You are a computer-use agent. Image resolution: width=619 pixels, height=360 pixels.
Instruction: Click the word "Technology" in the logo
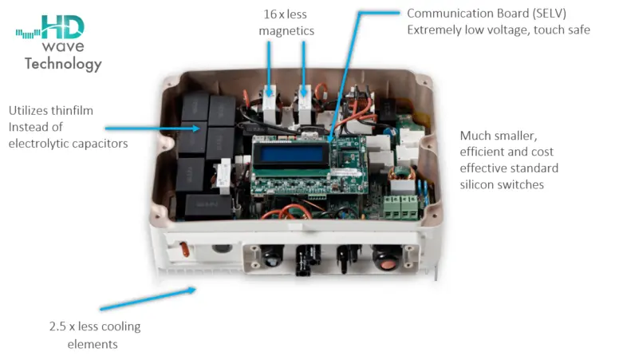[x=63, y=64]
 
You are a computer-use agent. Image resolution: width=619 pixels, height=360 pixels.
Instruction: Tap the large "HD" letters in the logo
[x=61, y=29]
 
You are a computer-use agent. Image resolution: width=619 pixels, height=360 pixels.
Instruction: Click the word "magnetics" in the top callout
[x=286, y=30]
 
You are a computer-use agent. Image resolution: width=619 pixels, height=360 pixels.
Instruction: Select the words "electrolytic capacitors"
[x=68, y=144]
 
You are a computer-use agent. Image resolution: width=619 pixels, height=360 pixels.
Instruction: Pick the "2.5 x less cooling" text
[x=95, y=327]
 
